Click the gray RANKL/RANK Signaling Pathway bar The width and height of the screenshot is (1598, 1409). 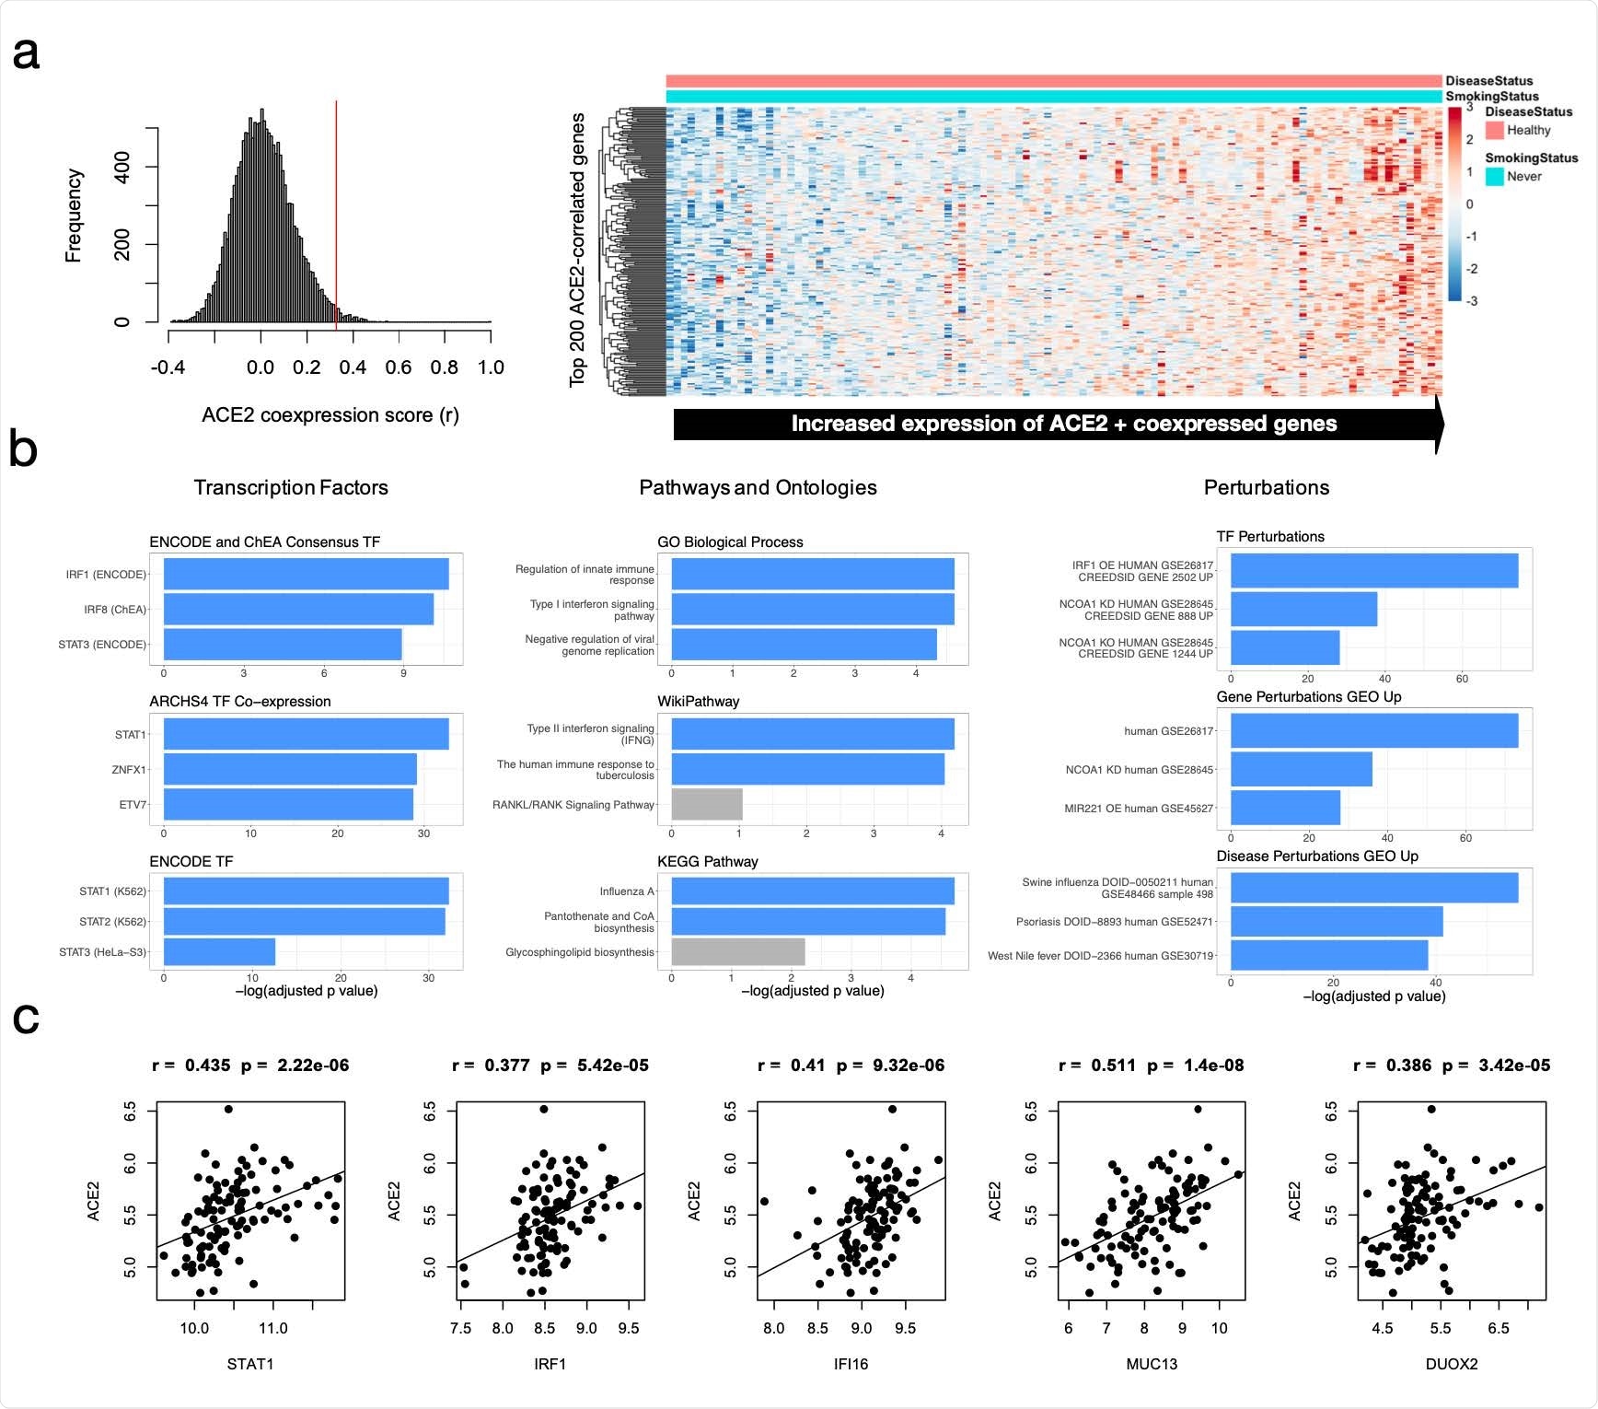(706, 805)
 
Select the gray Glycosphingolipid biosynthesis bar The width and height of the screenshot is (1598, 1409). (737, 951)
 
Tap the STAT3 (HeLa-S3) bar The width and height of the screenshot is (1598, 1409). (219, 951)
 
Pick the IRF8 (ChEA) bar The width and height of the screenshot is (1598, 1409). (298, 609)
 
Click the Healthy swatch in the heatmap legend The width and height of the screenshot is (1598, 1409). (1494, 131)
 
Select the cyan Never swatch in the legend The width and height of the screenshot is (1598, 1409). (1494, 176)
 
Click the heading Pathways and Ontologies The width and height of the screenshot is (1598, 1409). (758, 487)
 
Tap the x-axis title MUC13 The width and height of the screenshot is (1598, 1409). (1152, 1364)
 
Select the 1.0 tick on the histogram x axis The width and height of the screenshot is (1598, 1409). (491, 367)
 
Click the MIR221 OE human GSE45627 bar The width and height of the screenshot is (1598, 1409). (1284, 808)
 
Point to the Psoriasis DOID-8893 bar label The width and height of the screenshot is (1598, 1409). (1114, 921)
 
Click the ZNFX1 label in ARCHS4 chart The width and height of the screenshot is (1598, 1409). (129, 769)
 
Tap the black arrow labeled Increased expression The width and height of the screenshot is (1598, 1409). (1059, 424)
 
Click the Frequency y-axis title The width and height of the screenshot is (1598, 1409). (74, 215)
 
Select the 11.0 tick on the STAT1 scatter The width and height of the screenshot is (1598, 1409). (272, 1328)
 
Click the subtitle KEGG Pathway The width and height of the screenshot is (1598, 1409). (707, 861)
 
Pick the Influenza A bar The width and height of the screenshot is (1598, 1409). (812, 891)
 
